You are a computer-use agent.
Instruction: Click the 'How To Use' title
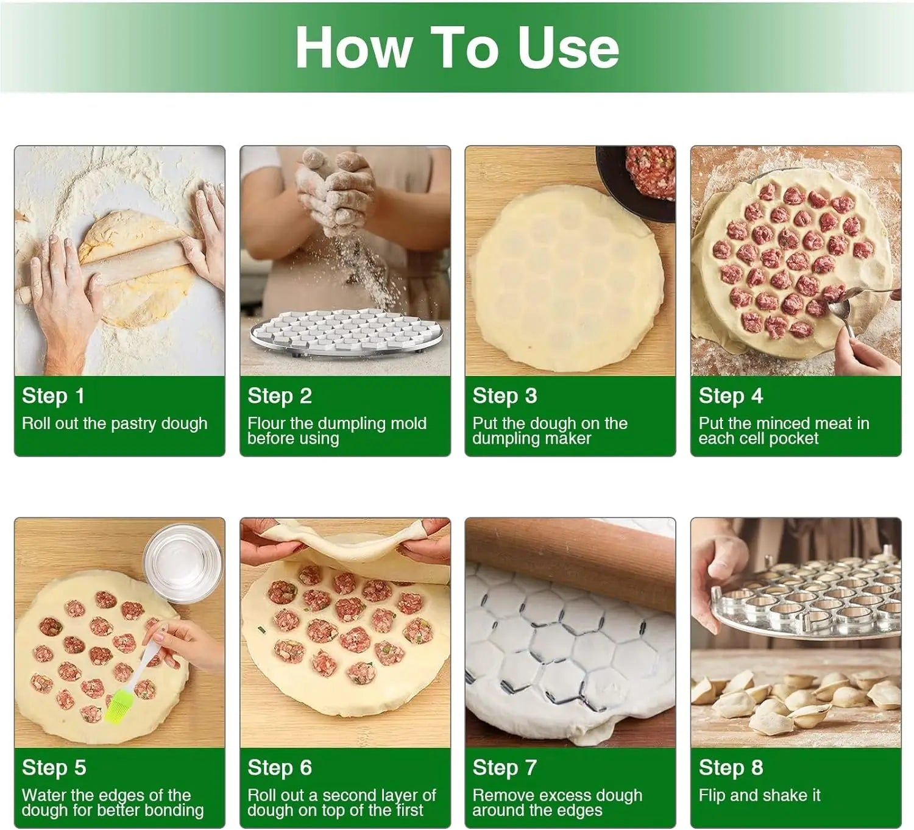[457, 48]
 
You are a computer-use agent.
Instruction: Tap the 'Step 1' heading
[53, 395]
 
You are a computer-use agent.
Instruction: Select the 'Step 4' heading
[731, 395]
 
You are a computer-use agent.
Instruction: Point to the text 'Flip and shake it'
[760, 795]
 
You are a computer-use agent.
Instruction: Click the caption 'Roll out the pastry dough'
[115, 424]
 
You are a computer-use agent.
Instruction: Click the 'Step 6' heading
[279, 768]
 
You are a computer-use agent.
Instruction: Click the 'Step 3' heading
[505, 395]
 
